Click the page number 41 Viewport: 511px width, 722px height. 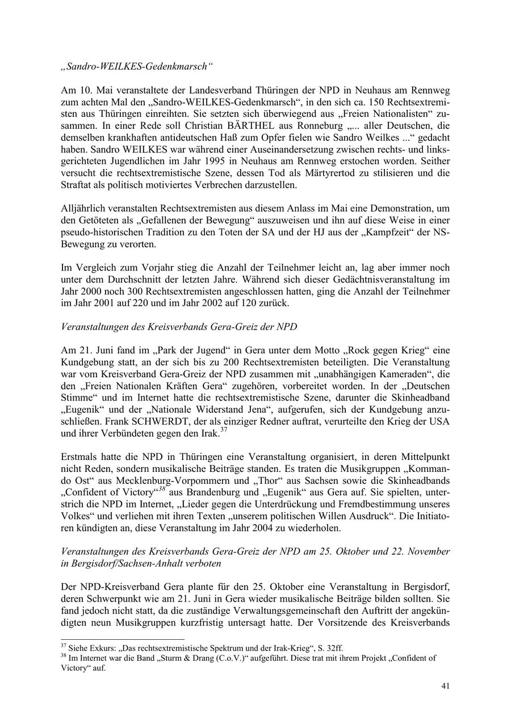[446, 686]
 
